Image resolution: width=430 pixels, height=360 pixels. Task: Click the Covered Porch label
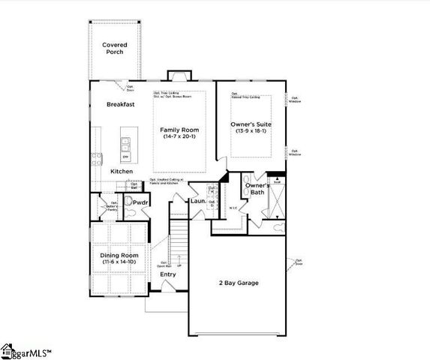coord(115,49)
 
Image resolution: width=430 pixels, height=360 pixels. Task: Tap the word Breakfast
coord(121,104)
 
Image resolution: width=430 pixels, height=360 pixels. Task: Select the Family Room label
coord(180,130)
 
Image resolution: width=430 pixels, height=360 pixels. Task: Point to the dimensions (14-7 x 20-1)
coord(180,137)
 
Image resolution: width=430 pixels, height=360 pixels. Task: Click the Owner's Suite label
coord(251,124)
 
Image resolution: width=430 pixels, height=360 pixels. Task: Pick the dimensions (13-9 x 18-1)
coord(251,131)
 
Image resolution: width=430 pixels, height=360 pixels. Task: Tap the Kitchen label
coord(122,172)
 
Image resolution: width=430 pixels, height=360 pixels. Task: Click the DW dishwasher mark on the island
coord(125,156)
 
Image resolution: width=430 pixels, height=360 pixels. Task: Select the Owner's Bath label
coord(257,188)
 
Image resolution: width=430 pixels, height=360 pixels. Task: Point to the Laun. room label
coord(197,201)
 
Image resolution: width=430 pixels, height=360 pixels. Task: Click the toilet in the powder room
coord(128,202)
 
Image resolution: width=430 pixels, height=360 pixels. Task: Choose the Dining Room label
coord(120,256)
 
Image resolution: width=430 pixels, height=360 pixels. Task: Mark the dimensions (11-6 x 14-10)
coord(120,263)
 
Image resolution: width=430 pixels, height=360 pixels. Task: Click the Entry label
coord(168,274)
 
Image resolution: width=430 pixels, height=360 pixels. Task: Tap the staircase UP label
coord(178,265)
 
